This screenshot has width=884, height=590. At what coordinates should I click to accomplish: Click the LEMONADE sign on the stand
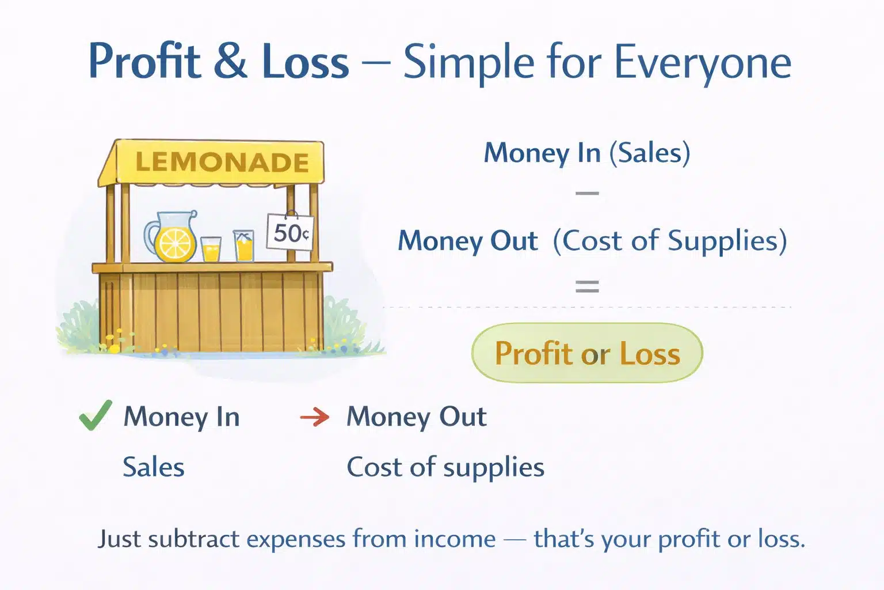(222, 162)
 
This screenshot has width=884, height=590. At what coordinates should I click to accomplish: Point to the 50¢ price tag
(290, 233)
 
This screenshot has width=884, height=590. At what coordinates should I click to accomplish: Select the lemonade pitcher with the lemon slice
(172, 238)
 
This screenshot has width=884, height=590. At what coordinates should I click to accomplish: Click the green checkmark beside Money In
(95, 415)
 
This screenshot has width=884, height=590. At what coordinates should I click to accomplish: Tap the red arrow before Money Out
(315, 417)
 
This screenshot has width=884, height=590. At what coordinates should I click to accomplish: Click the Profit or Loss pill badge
(587, 353)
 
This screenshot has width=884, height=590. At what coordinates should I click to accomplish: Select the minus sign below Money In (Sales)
(587, 194)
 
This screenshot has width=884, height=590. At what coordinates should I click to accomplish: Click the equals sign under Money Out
(587, 286)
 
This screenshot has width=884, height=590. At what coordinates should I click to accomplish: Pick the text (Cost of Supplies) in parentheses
(670, 241)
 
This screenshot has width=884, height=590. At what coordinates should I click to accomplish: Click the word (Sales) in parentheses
(650, 153)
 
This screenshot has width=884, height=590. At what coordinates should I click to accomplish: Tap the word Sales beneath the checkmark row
(154, 467)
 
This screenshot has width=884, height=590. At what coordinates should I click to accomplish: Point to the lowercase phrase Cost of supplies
(445, 467)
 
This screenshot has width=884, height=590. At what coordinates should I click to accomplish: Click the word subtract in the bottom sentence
(193, 539)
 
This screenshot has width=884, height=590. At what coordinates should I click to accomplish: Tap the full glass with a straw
(244, 247)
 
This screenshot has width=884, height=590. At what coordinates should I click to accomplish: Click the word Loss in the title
(305, 61)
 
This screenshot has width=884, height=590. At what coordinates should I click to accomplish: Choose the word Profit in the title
(144, 61)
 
